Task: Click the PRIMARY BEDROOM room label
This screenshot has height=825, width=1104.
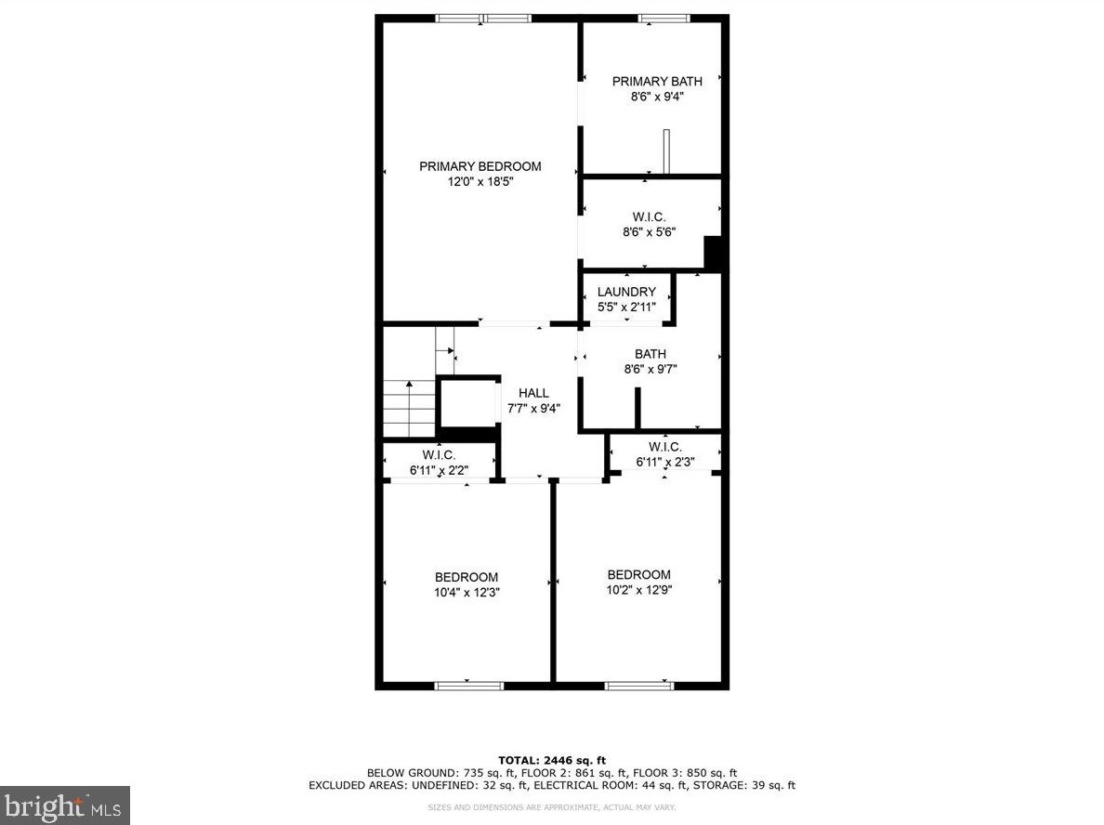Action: (x=480, y=166)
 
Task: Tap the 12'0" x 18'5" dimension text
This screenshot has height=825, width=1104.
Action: (x=480, y=182)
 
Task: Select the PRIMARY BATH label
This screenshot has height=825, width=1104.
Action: (x=657, y=81)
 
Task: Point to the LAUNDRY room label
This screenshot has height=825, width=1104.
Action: (x=626, y=292)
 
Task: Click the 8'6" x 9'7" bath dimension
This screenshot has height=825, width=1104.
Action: (x=650, y=369)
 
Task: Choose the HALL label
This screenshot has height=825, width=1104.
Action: (x=533, y=393)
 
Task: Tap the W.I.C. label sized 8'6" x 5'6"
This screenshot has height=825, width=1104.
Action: (x=649, y=216)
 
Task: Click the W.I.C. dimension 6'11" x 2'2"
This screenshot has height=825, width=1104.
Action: (x=439, y=470)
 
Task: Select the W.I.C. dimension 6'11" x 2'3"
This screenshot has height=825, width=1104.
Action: (x=665, y=462)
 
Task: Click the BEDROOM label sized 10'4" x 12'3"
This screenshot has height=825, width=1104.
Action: (x=467, y=577)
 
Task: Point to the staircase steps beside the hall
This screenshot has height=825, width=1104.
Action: (x=409, y=409)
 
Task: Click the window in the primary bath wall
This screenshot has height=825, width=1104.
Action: (x=664, y=18)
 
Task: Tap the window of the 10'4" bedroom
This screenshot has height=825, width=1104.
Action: (x=468, y=686)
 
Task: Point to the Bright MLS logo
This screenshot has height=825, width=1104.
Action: (x=64, y=805)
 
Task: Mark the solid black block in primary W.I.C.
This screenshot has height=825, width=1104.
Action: (x=714, y=254)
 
